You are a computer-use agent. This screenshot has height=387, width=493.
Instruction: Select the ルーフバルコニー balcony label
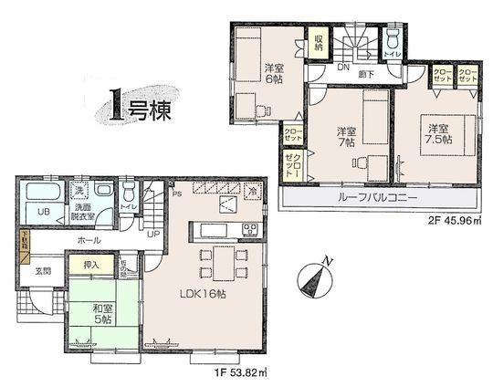[382, 196]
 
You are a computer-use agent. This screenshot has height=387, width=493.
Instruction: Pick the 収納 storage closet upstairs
[319, 43]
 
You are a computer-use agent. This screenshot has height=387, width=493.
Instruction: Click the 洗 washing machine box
[79, 193]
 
